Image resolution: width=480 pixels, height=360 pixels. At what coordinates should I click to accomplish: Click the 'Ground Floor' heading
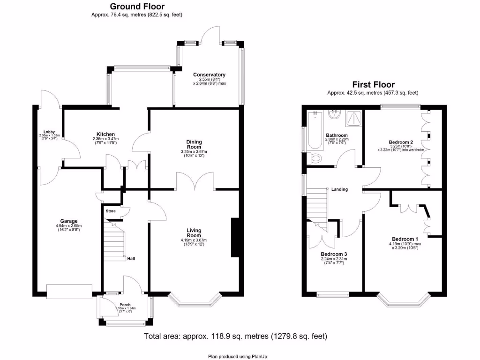click(136, 7)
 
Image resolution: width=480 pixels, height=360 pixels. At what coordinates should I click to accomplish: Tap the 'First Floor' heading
click(373, 85)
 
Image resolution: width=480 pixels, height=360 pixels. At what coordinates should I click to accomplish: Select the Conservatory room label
click(209, 75)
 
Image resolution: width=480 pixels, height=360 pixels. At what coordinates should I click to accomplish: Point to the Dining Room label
click(194, 144)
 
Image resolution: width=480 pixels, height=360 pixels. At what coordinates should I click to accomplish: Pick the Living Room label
click(194, 233)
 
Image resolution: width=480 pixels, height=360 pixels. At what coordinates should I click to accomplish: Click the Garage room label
click(68, 221)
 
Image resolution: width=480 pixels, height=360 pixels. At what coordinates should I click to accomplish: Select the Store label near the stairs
click(110, 211)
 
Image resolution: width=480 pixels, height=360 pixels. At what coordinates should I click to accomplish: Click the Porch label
click(125, 305)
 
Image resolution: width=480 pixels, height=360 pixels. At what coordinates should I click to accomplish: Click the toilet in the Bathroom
click(315, 158)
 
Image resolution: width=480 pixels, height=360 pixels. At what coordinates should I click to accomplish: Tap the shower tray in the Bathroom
click(353, 119)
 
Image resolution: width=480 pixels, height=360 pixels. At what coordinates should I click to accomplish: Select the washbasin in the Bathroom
click(335, 114)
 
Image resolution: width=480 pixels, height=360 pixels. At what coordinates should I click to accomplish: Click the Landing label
click(339, 189)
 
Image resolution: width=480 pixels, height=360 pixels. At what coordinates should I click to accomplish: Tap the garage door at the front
click(70, 291)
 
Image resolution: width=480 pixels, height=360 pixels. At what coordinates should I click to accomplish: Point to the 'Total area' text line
click(235, 337)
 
